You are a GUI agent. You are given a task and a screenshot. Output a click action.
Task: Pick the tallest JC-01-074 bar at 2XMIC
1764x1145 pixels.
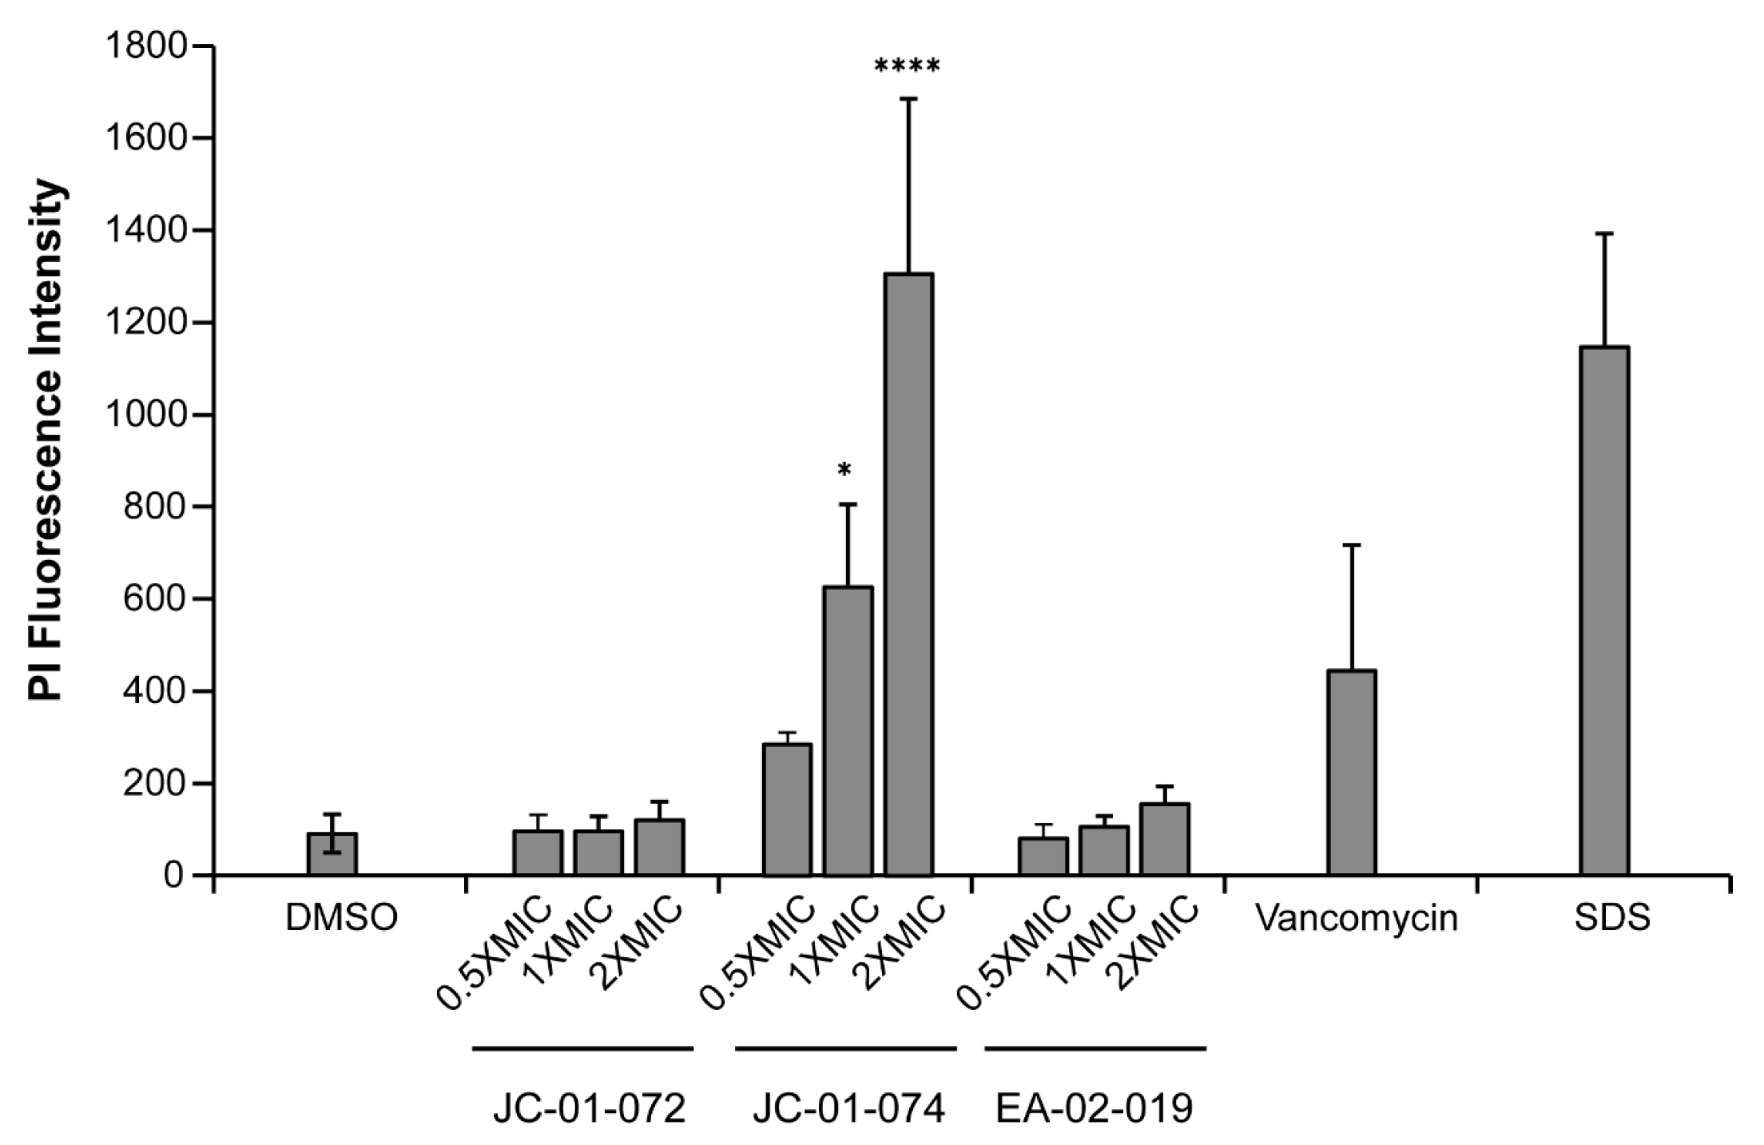pyautogui.click(x=909, y=575)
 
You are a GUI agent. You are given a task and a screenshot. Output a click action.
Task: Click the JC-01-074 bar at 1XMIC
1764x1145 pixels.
pyautogui.click(x=848, y=731)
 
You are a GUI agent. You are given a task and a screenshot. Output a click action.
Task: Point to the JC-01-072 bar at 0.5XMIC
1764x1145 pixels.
pyautogui.click(x=538, y=853)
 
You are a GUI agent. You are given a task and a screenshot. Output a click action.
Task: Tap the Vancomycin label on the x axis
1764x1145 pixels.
pyautogui.click(x=1356, y=919)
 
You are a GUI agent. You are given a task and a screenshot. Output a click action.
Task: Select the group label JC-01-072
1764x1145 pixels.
pyautogui.click(x=589, y=1111)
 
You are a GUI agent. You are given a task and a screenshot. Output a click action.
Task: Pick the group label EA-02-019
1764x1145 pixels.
pyautogui.click(x=1094, y=1111)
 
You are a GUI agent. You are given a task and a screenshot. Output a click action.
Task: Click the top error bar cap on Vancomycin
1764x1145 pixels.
pyautogui.click(x=1352, y=545)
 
